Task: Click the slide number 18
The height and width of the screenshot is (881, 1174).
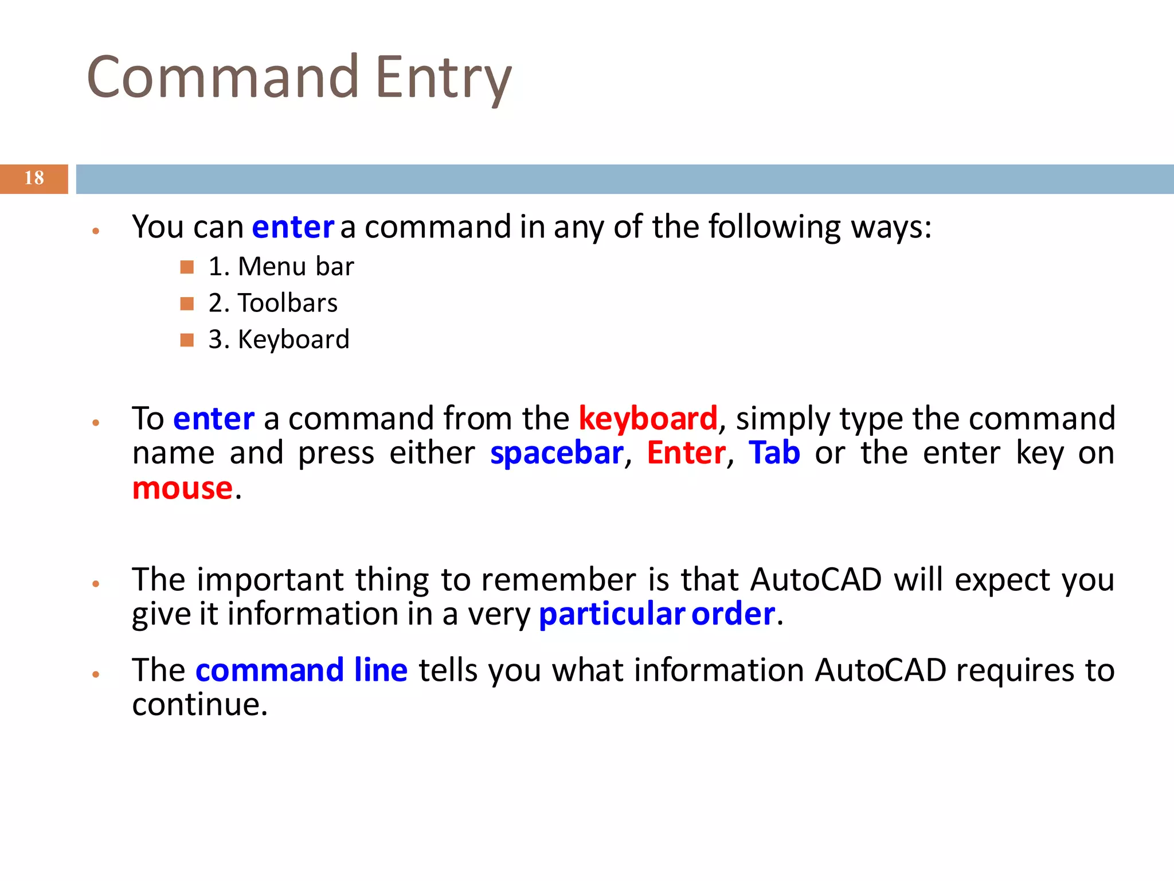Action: pyautogui.click(x=34, y=178)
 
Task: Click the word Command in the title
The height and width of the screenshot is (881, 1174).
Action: pyautogui.click(x=222, y=77)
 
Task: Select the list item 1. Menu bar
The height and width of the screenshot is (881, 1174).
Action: pyautogui.click(x=281, y=267)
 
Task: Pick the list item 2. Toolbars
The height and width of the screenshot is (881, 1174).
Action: pyautogui.click(x=273, y=303)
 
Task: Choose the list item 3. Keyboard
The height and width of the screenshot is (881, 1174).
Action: pyautogui.click(x=279, y=340)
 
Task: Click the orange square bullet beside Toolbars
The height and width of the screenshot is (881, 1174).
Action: pyautogui.click(x=187, y=303)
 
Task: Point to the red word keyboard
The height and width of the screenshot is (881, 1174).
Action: pyautogui.click(x=648, y=418)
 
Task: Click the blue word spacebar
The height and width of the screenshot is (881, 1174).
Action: pyautogui.click(x=556, y=453)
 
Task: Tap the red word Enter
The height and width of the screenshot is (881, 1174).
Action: pyautogui.click(x=686, y=453)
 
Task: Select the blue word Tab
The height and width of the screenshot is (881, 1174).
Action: pyautogui.click(x=774, y=453)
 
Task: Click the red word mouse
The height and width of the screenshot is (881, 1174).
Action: pyautogui.click(x=182, y=488)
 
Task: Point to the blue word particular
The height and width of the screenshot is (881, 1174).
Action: pyautogui.click(x=612, y=614)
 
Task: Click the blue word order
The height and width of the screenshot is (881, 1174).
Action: pyautogui.click(x=733, y=614)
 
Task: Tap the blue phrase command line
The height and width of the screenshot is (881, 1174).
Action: pyautogui.click(x=302, y=670)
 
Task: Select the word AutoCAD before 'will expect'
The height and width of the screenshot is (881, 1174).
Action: pyautogui.click(x=816, y=579)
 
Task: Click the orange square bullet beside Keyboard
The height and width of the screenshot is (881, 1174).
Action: pyautogui.click(x=187, y=340)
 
